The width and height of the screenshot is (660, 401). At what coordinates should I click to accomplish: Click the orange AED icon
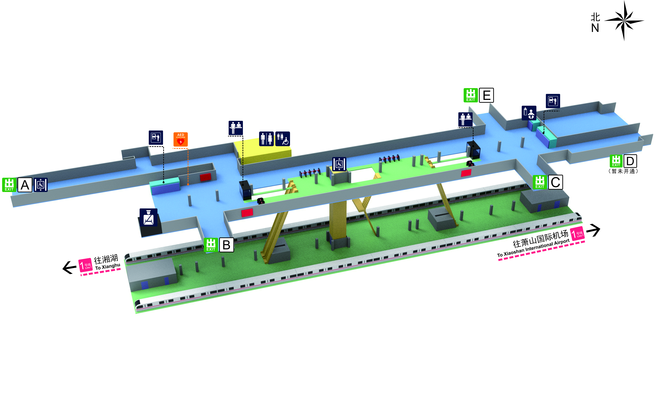click(x=181, y=139)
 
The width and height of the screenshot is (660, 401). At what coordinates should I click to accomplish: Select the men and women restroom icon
click(x=266, y=139)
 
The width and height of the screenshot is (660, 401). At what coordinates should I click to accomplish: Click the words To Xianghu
click(x=108, y=267)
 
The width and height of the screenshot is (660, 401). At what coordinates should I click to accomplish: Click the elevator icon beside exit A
click(x=41, y=185)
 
